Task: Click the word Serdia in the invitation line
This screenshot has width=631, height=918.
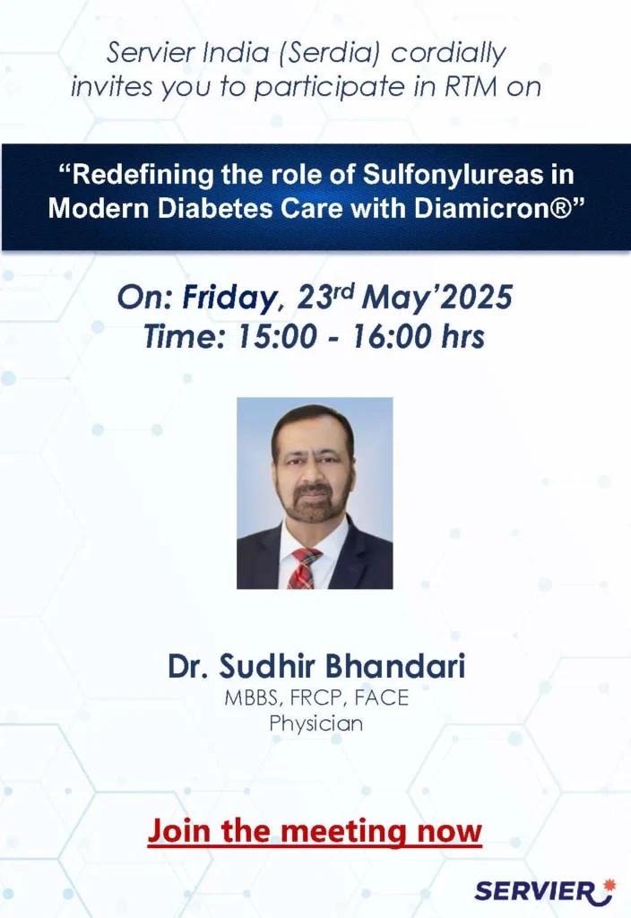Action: [x=331, y=53]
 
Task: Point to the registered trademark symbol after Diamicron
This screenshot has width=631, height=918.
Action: [x=561, y=208]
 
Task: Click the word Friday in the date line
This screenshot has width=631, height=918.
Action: [x=229, y=297]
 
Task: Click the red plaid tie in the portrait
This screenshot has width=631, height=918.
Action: [x=305, y=567]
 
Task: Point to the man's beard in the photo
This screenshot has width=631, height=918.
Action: [x=315, y=501]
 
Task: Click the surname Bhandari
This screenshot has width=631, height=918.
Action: [x=395, y=666]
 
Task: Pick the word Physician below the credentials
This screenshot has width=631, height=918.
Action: [x=316, y=723]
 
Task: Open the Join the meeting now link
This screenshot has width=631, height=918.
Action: [x=315, y=831]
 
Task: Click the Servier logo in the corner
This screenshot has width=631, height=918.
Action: [x=545, y=892]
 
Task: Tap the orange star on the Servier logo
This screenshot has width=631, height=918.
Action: [x=609, y=884]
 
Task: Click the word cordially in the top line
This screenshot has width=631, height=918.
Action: [x=448, y=53]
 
